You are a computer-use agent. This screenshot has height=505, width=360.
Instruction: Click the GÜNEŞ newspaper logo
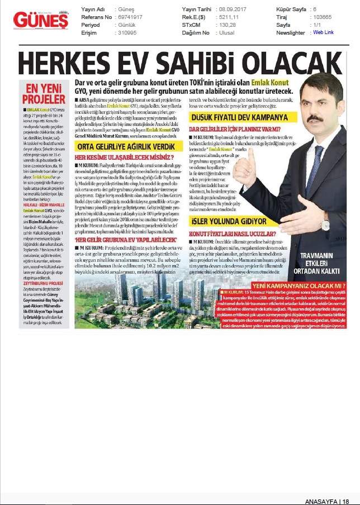pyautogui.click(x=41, y=21)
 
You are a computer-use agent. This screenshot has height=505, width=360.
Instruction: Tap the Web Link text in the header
pyautogui.click(x=323, y=32)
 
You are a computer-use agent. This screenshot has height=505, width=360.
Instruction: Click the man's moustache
pyautogui.click(x=316, y=118)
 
